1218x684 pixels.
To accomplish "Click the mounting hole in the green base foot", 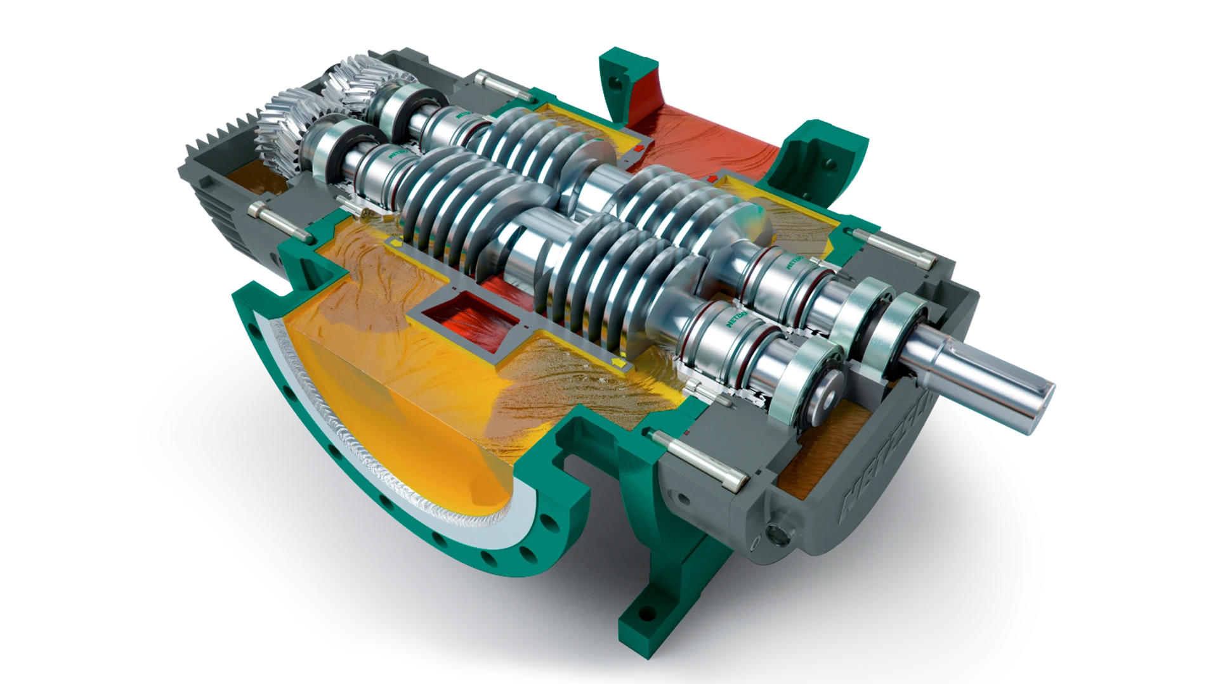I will tap(646, 614).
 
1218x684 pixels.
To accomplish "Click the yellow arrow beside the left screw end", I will tap(395, 243).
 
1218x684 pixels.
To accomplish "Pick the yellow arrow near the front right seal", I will tap(617, 362).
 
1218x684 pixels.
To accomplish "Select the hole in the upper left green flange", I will tap(613, 82).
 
